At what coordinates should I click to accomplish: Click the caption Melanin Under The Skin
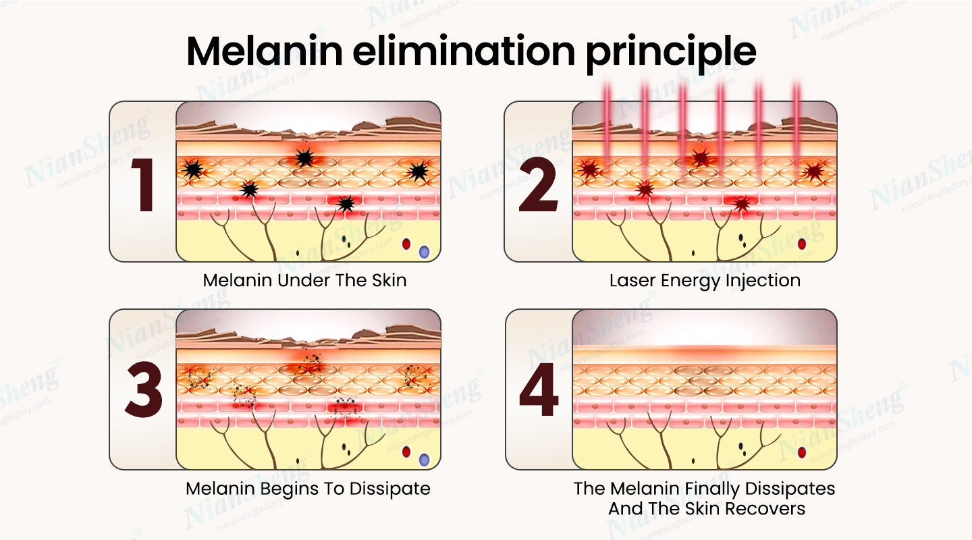[x=305, y=280]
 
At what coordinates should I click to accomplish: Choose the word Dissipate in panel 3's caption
[x=394, y=488]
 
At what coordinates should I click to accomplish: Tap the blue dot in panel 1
[x=424, y=252]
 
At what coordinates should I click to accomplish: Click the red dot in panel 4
[x=802, y=452]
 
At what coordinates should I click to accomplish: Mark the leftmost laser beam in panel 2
[x=607, y=128]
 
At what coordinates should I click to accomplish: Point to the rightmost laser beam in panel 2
[x=796, y=128]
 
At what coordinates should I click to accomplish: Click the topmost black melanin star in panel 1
[x=305, y=158]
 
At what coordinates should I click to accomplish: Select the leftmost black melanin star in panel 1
[x=194, y=169]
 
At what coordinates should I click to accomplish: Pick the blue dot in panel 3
[x=424, y=460]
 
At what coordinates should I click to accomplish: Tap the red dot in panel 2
[x=802, y=244]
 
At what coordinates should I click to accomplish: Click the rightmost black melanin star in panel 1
[x=417, y=172]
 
